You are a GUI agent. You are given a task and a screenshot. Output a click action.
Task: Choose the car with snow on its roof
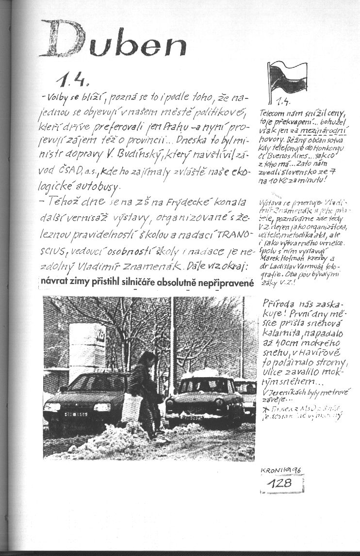tap(204, 395)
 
